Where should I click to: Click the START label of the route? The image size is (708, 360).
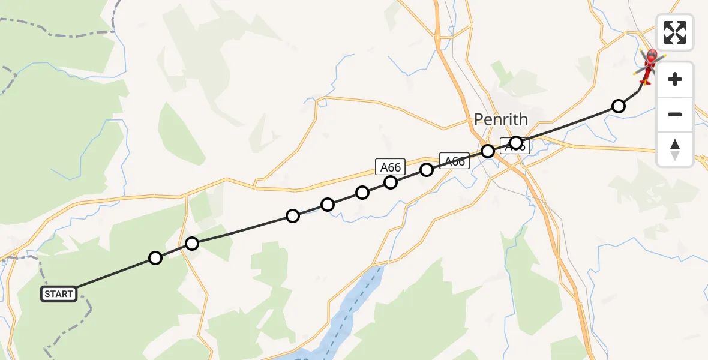click(x=59, y=294)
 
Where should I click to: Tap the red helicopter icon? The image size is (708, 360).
click(x=649, y=65)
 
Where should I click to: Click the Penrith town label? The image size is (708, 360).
click(x=500, y=119)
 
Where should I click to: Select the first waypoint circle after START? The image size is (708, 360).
click(x=155, y=258)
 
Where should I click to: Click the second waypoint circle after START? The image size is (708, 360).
click(x=192, y=243)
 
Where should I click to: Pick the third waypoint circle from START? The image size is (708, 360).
click(x=293, y=216)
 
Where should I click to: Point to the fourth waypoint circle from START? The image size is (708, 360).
click(x=328, y=205)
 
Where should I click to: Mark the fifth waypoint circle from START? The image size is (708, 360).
click(x=362, y=192)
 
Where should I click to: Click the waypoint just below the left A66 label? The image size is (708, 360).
click(x=391, y=182)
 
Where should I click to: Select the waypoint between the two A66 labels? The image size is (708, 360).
click(x=426, y=170)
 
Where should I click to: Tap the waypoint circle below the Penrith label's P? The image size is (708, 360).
click(x=488, y=151)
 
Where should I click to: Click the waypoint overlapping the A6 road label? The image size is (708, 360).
click(x=515, y=143)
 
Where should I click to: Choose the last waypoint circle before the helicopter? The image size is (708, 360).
click(x=618, y=106)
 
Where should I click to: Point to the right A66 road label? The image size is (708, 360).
click(x=454, y=160)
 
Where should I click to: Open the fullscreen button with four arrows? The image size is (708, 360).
click(x=675, y=32)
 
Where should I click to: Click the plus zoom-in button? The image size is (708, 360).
click(x=675, y=79)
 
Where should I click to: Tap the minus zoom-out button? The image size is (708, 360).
click(x=675, y=114)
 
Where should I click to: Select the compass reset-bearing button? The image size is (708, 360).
click(x=675, y=149)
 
